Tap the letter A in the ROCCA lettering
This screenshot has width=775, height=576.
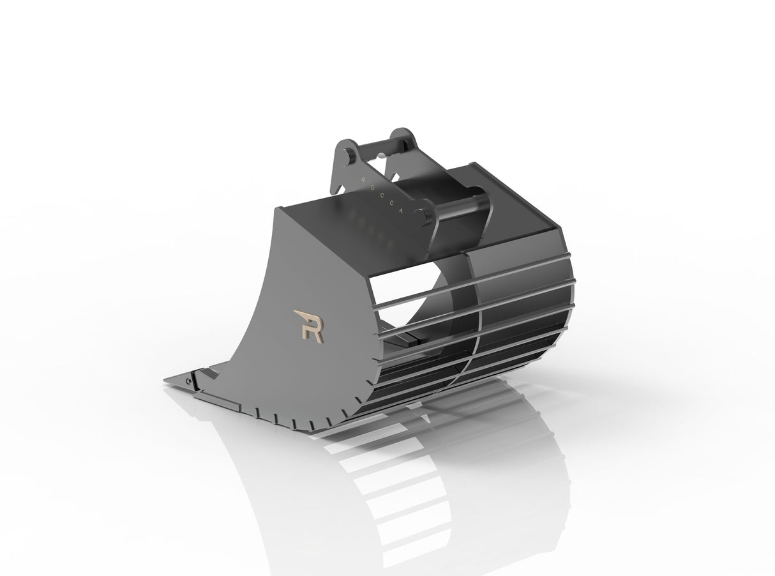(x=400, y=215)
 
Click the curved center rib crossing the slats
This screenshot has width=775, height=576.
(x=471, y=319)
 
